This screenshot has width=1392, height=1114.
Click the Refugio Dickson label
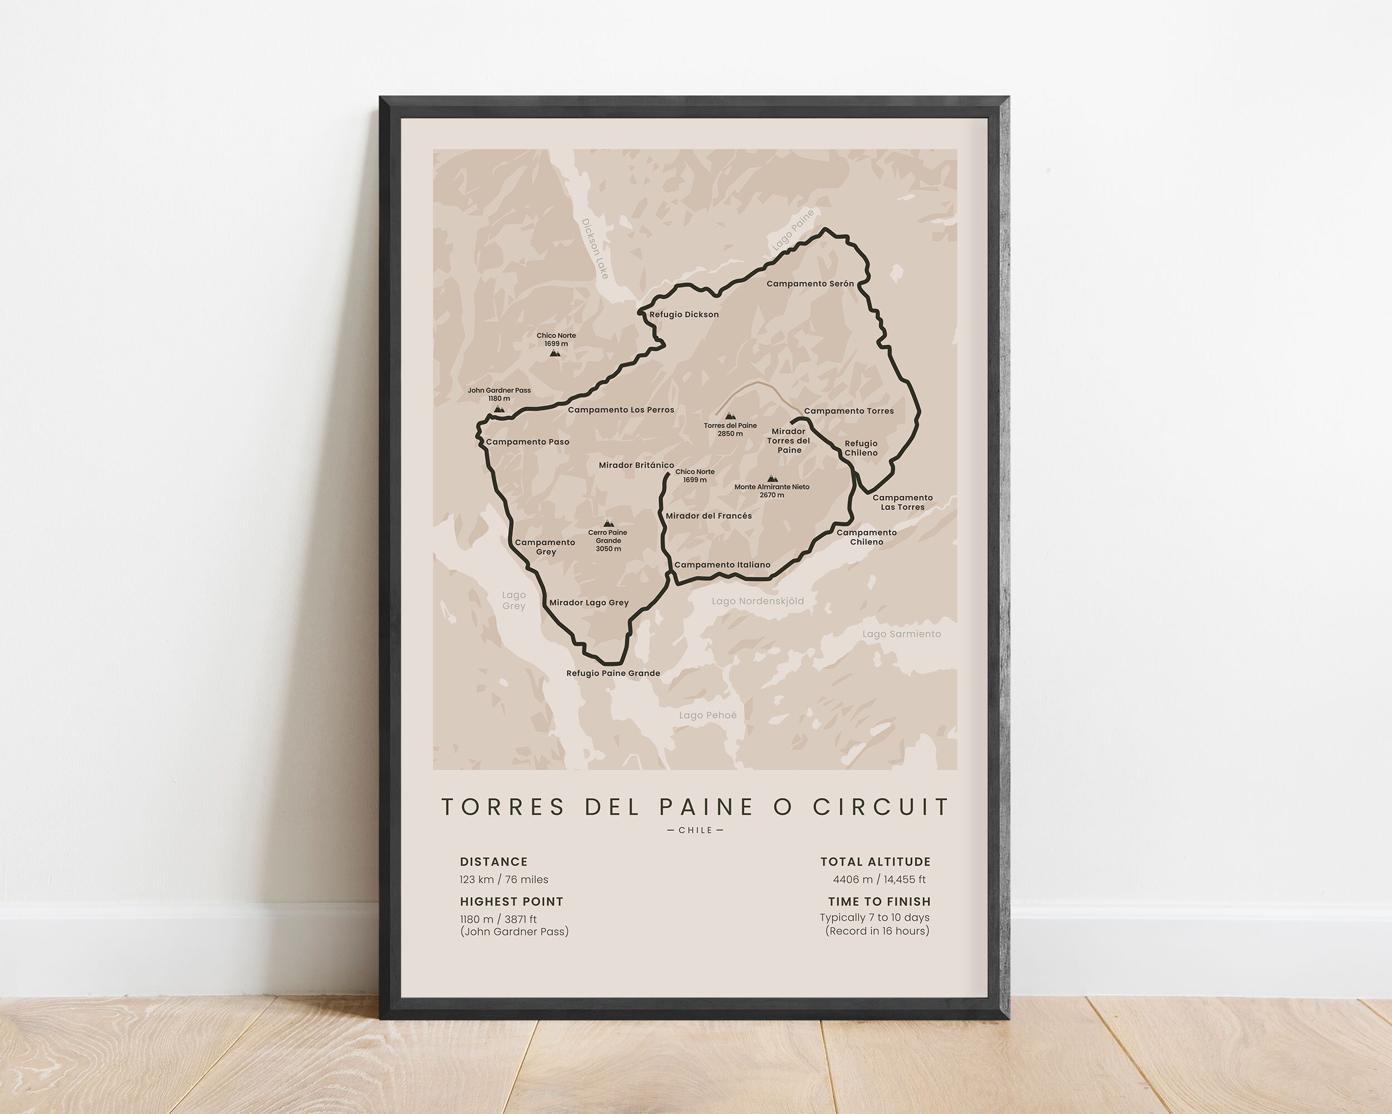[x=684, y=315]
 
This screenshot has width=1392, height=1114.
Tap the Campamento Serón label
[x=810, y=284]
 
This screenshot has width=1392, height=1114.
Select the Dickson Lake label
[x=595, y=248]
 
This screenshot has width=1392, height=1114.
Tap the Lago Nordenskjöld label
[x=757, y=600]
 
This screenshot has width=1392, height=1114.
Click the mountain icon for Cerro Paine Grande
[x=607, y=523]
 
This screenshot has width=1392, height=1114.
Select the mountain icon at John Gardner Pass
[x=498, y=408]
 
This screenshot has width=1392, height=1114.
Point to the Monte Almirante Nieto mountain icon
[x=772, y=478]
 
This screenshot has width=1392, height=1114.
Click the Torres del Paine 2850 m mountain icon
[x=729, y=417]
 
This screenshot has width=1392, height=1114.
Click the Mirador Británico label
[x=636, y=465]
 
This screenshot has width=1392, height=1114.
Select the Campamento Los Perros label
[x=620, y=409]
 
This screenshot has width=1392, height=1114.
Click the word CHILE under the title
[x=695, y=830]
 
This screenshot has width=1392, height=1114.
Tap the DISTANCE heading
[x=493, y=862]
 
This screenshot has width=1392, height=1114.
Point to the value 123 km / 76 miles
[x=503, y=879]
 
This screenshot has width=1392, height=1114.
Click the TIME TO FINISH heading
[x=879, y=902]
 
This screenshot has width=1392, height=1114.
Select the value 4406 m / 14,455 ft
[x=879, y=879]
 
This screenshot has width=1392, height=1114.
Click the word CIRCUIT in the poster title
[x=881, y=807]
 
